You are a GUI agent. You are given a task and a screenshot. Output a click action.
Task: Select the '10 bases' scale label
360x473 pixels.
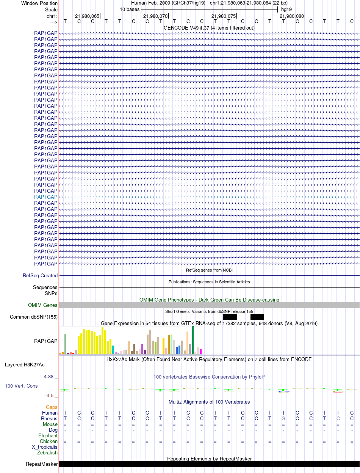pos(130,9)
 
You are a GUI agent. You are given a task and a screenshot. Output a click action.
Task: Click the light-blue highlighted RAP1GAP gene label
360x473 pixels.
pos(46,197)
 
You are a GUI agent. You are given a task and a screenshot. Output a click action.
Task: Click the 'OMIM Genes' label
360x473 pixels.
pos(43,305)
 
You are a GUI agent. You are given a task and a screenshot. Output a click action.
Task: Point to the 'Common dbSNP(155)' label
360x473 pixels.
pos(34,317)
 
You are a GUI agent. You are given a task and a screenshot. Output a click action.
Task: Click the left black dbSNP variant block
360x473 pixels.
pos(230,317)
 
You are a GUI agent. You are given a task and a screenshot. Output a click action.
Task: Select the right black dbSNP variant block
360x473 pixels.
pos(257,317)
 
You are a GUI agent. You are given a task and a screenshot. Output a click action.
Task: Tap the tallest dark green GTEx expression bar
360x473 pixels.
pos(193,340)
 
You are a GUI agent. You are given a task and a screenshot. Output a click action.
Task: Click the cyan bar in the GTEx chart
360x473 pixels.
pos(113,350)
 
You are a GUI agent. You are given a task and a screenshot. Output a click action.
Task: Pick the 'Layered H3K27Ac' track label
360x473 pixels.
pos(25,365)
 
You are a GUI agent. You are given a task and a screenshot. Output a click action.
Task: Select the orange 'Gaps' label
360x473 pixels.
pos(52,407)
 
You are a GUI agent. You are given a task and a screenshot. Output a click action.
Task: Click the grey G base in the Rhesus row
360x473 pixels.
pos(283,418)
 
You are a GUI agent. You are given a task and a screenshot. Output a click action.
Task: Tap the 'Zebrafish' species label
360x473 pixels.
pos(47,453)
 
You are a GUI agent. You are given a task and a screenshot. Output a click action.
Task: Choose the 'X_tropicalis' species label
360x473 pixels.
pos(45,447)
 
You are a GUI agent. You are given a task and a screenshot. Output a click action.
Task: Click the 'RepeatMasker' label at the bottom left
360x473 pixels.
pos(42,464)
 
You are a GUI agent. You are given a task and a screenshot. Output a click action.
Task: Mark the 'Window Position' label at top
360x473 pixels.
pos(39,3)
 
